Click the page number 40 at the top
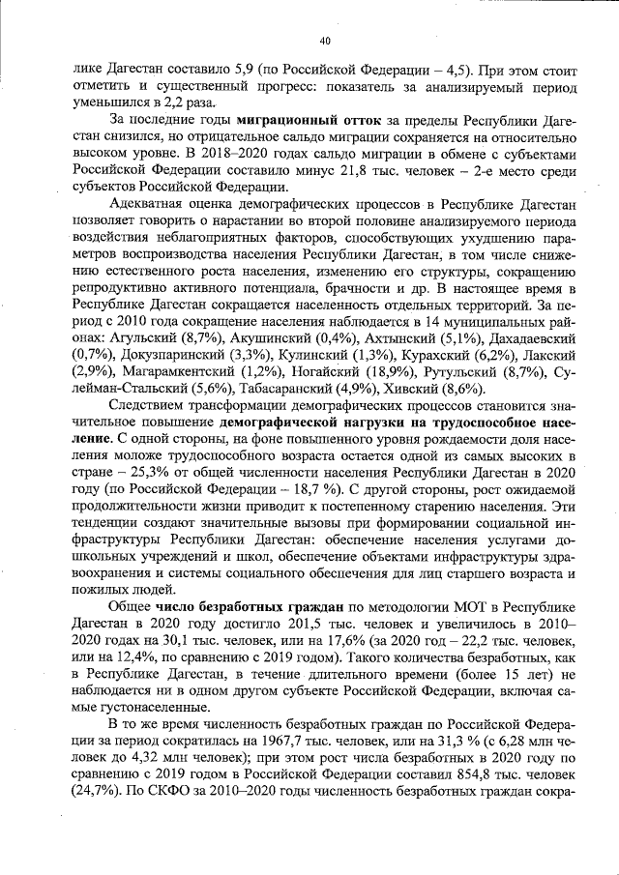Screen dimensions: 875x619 [x=324, y=40]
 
